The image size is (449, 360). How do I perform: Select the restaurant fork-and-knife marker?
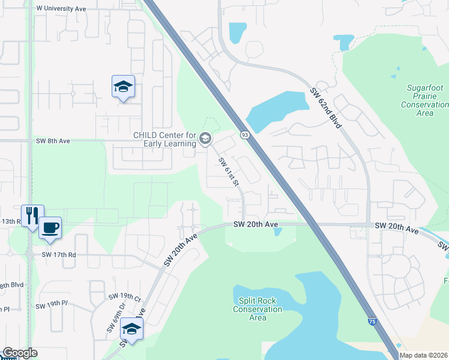[x=31, y=216]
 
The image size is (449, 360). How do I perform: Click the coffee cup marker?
[x=50, y=228]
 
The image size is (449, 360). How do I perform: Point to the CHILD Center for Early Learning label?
[x=164, y=139]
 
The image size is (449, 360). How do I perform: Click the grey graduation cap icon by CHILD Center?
[x=205, y=139]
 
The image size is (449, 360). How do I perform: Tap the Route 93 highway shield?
[x=245, y=135]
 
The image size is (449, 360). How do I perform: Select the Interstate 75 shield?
[x=373, y=322]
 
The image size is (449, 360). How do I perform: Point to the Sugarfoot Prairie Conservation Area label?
[x=425, y=100]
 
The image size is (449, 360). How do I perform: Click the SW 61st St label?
[x=229, y=172]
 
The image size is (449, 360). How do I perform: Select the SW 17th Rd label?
[x=59, y=254]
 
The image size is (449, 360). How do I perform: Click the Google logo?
[x=20, y=353]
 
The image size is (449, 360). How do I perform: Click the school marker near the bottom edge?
[x=132, y=329]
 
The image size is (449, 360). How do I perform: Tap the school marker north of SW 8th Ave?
[x=123, y=88]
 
